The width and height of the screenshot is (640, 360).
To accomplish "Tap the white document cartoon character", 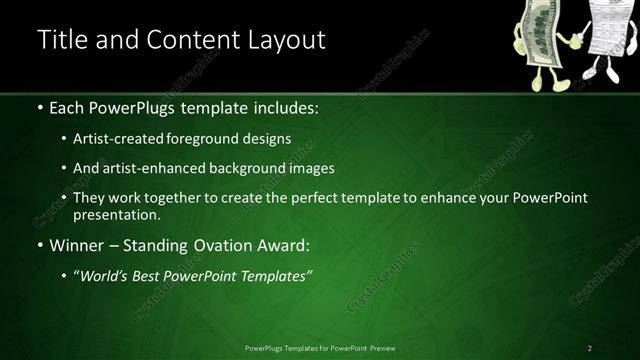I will (606, 40).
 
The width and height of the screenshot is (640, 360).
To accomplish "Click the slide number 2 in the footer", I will (589, 347).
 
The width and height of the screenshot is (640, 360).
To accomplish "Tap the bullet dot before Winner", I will (39, 245).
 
